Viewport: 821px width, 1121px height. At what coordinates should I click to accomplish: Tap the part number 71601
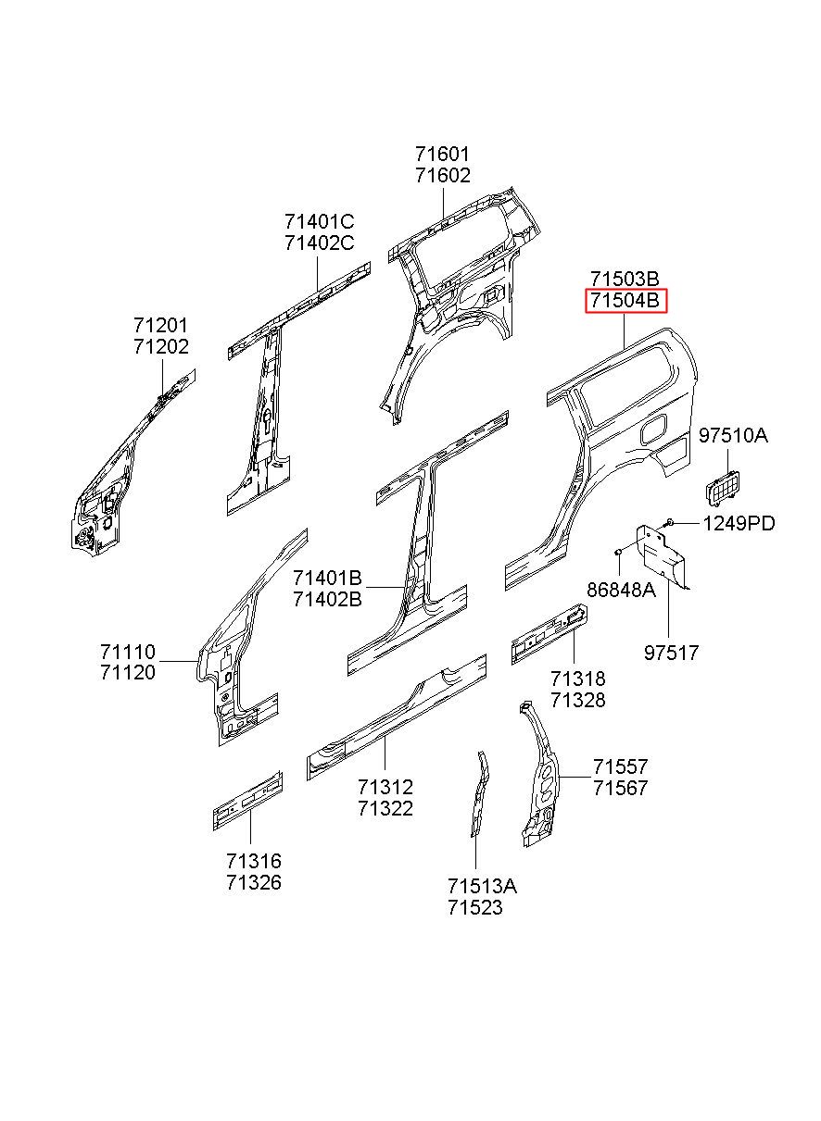(442, 155)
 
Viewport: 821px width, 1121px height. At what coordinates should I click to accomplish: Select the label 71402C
(319, 243)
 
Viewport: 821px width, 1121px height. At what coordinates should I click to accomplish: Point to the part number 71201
(161, 325)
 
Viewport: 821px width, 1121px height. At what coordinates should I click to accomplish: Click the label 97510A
(733, 435)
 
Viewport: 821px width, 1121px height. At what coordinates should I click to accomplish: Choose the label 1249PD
(739, 523)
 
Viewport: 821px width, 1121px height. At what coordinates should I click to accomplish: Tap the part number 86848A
(621, 590)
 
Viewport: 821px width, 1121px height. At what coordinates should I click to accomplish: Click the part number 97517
(671, 653)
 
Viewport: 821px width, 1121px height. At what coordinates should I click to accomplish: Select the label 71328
(577, 700)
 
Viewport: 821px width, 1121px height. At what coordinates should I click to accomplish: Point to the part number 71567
(620, 788)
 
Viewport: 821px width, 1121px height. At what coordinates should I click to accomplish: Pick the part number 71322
(385, 808)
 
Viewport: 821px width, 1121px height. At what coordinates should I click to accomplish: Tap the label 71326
(254, 882)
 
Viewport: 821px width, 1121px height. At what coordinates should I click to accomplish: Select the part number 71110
(128, 652)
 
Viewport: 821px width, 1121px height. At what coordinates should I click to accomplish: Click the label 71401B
(327, 578)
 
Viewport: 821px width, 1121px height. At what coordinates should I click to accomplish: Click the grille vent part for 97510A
(724, 485)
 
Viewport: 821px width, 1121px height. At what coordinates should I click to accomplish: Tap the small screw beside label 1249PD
(668, 523)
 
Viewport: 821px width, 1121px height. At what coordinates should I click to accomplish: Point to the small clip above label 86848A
(619, 552)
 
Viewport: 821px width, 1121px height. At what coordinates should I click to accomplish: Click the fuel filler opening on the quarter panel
(654, 429)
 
